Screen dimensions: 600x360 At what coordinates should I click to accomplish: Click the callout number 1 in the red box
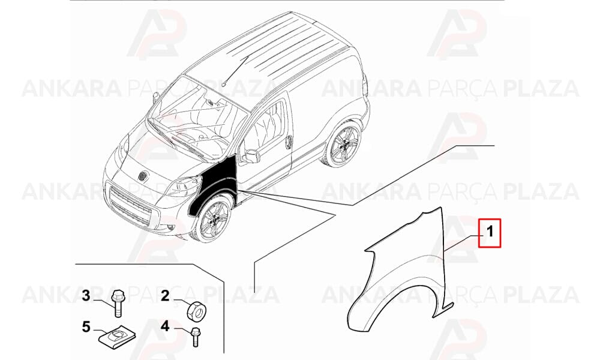(490, 232)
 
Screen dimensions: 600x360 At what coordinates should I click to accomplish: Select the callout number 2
(165, 296)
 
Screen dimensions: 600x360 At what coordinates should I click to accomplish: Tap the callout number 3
(86, 296)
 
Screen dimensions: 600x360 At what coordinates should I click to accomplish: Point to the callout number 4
(165, 326)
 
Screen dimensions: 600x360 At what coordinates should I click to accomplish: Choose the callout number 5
(86, 327)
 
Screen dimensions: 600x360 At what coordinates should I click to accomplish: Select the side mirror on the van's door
(250, 156)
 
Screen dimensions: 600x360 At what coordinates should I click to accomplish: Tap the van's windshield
(196, 119)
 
